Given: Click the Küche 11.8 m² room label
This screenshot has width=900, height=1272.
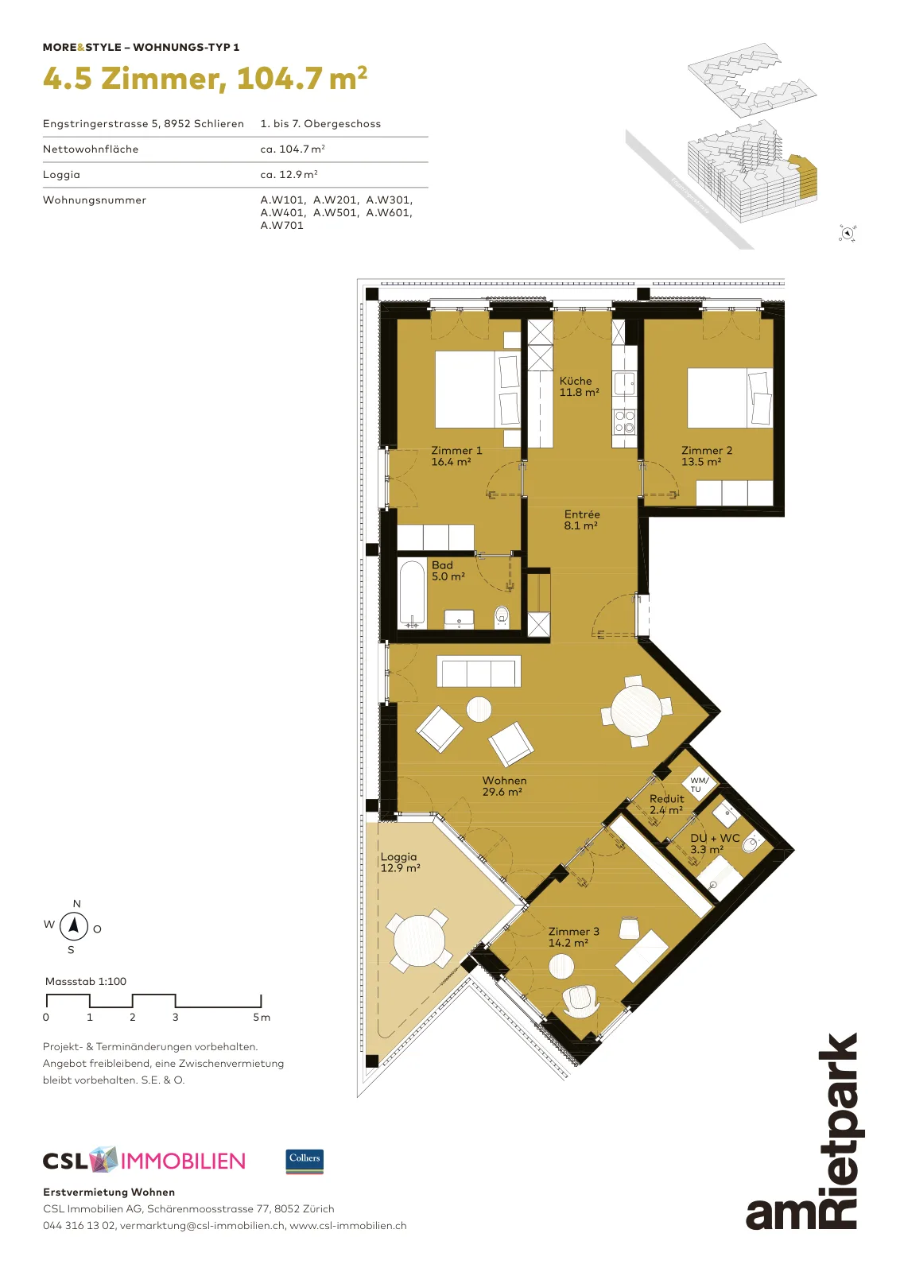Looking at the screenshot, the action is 579,386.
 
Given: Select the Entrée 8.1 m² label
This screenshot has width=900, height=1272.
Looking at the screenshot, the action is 581,520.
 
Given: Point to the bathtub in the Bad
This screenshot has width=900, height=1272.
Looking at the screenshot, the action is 412,594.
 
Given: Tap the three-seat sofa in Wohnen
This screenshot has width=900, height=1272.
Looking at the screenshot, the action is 479,671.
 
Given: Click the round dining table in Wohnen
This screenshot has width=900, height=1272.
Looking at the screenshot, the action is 637,711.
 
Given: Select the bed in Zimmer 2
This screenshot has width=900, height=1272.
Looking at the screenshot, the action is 730,397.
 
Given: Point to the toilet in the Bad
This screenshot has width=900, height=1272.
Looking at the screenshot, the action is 502,616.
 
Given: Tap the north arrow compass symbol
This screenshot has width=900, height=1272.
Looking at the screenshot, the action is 74,925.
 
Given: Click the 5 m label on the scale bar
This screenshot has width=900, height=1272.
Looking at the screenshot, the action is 262,1018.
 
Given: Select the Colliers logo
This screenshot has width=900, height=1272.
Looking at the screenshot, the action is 305,1161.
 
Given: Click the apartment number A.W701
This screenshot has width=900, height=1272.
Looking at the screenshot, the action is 281,226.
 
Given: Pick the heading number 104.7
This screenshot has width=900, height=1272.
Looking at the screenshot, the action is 279,79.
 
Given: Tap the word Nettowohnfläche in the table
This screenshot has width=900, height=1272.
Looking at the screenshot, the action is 91,149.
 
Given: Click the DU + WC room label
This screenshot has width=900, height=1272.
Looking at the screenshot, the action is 715,838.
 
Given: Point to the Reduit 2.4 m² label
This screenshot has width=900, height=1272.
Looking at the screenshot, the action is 666,804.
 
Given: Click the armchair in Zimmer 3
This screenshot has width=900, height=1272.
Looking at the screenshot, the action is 580,1002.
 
